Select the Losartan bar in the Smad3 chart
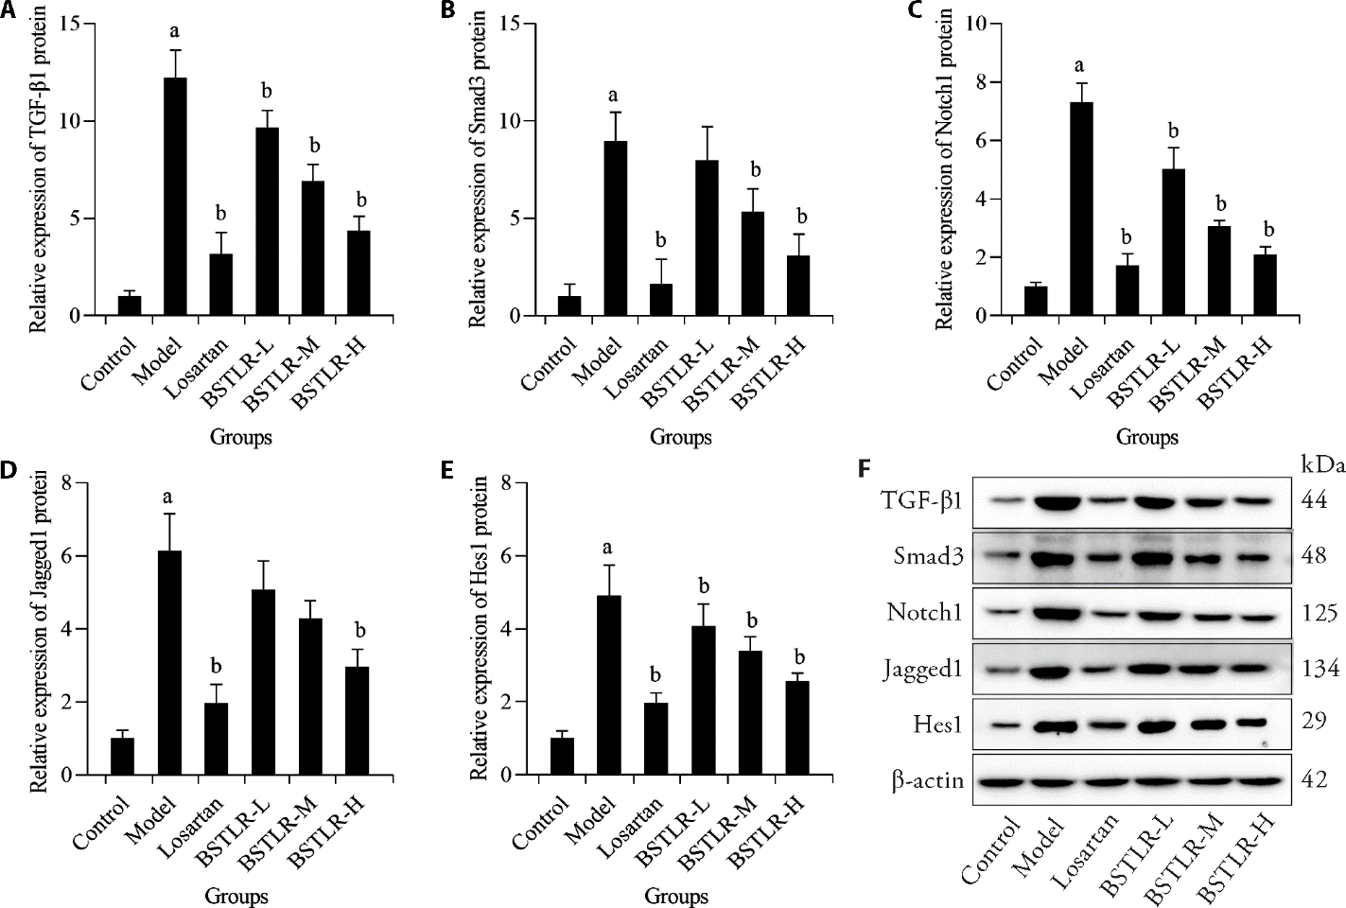coord(660,300)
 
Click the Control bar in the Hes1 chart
coord(562,757)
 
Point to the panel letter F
coord(862,467)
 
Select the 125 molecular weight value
coord(1319,613)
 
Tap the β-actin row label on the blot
coord(926,781)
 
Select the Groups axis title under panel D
coord(237,897)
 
